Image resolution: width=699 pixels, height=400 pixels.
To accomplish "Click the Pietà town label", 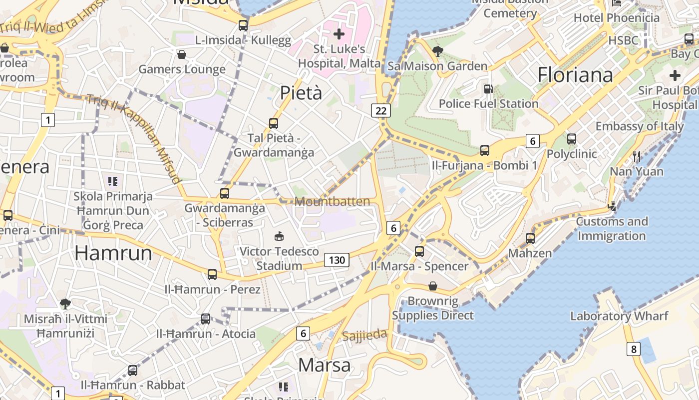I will point(301,93).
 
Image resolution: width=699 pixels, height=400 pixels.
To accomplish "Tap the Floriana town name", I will point(575,75).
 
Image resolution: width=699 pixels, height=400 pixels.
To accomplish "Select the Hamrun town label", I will point(113,253).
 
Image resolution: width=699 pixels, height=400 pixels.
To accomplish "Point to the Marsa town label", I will point(325,365).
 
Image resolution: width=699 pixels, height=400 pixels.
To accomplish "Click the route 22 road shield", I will point(380,110).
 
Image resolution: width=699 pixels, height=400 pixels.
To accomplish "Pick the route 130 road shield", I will point(337,260).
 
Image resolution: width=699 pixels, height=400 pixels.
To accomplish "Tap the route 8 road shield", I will point(634,349).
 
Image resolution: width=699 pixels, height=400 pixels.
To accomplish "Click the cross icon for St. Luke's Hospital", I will point(339,34).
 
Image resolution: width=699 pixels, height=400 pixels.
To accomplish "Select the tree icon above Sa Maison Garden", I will point(438,51).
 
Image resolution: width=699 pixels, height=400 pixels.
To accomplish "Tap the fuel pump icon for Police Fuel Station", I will point(488,89).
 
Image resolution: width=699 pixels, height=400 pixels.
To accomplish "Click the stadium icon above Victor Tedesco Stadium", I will point(279,236).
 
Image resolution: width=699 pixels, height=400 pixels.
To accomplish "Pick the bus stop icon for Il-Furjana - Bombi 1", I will point(484,150).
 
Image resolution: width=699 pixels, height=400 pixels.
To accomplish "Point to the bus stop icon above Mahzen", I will point(530,238).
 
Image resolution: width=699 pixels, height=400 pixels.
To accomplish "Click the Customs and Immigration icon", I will point(612,206).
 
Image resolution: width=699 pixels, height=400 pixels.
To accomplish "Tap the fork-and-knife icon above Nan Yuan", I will point(637,156).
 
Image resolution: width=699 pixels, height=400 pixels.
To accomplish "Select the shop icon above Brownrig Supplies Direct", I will point(433,286).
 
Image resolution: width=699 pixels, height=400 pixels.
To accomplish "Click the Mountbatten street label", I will point(333,201).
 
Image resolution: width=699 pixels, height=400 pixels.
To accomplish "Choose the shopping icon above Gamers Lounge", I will point(182,54).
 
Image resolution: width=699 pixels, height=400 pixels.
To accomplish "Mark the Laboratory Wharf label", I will point(619,316).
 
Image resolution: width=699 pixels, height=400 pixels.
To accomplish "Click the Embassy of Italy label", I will point(639,126).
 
